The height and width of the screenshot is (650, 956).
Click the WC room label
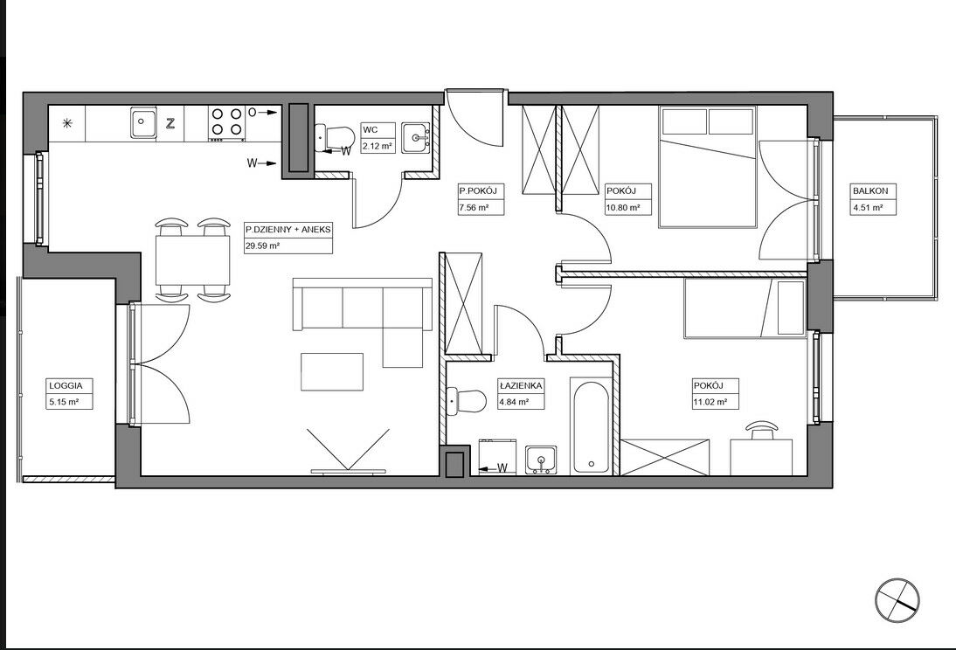click(x=371, y=130)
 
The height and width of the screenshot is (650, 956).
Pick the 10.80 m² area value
click(x=623, y=207)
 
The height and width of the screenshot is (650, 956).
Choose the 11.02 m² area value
click(x=710, y=402)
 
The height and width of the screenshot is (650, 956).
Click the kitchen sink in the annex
click(x=143, y=122)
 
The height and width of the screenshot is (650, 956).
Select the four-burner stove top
click(x=226, y=122)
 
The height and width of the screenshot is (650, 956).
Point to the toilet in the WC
click(x=334, y=138)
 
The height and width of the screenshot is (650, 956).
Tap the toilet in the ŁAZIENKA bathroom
click(x=467, y=400)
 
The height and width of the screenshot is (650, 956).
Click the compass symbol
click(x=897, y=600)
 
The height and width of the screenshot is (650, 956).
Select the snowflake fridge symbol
click(x=67, y=123)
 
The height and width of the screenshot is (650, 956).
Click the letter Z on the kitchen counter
click(x=171, y=123)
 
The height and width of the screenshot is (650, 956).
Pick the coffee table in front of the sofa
click(x=332, y=372)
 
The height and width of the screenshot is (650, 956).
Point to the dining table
click(x=193, y=260)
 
